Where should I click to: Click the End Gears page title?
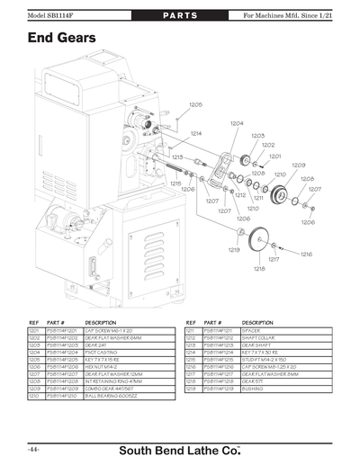62,40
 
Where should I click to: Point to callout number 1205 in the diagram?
195,105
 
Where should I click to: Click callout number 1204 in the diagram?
236,123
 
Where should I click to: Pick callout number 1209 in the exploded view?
298,165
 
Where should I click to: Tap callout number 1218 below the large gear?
259,269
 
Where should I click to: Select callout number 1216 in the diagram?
305,255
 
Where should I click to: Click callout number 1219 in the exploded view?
233,249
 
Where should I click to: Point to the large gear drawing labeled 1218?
262,238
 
